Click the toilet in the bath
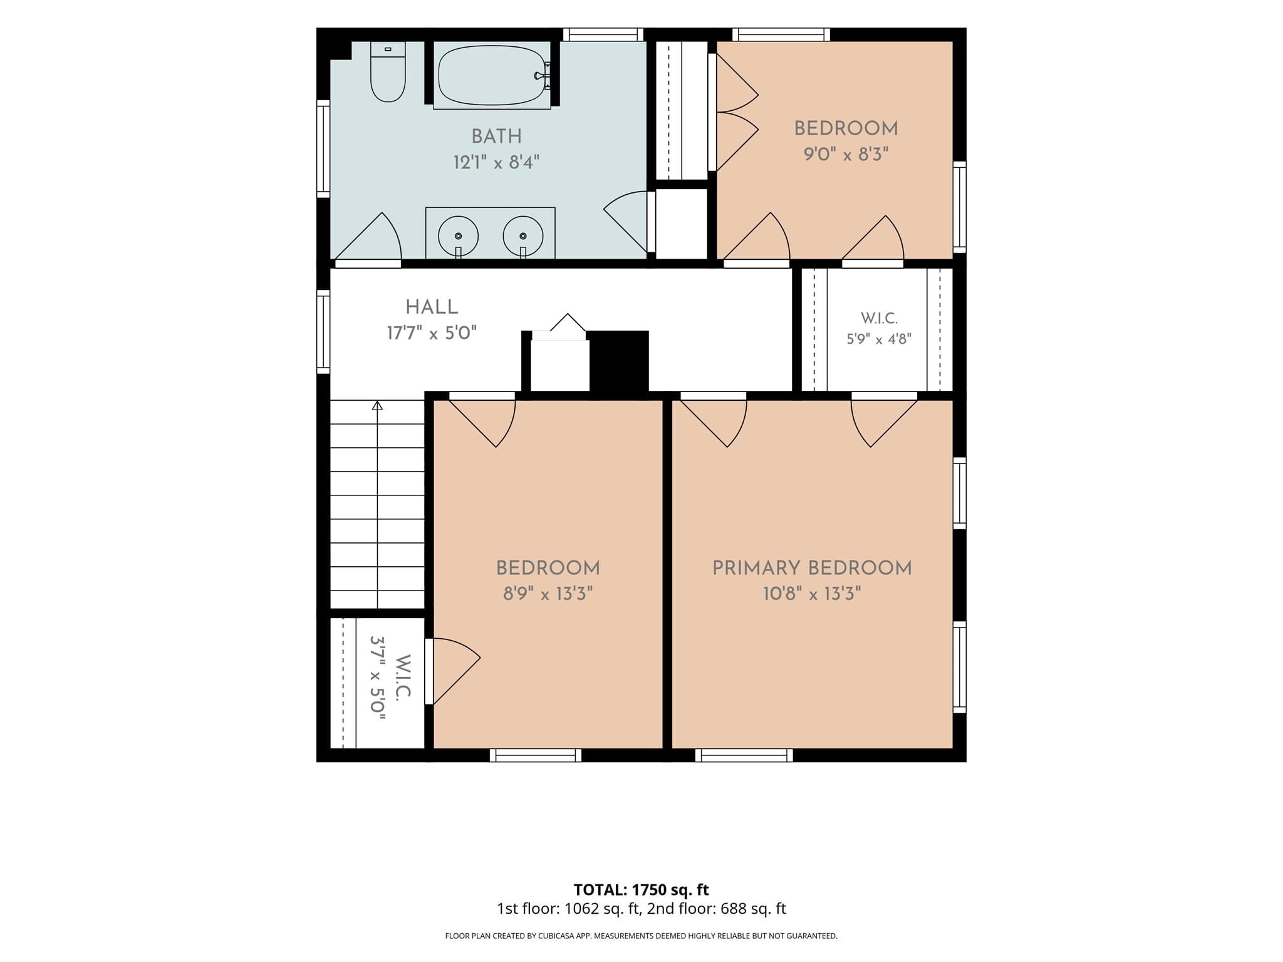coord(388,71)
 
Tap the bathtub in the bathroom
coord(492,75)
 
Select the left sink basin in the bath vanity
coord(458,236)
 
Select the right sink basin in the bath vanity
coord(523,236)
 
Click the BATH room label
coord(496,137)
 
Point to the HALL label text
coord(432,307)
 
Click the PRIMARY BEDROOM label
coord(812,568)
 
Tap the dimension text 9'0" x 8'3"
coord(846,154)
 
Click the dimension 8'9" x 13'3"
coord(548,593)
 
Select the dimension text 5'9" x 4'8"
coord(879,339)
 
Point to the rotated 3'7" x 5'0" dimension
coord(377,678)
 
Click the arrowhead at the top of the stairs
coord(377,405)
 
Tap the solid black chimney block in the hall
coord(619,361)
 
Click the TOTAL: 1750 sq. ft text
coord(641,889)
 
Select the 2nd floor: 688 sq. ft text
coord(717,909)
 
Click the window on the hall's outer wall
coord(323,331)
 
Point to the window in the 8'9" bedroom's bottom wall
coord(535,755)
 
